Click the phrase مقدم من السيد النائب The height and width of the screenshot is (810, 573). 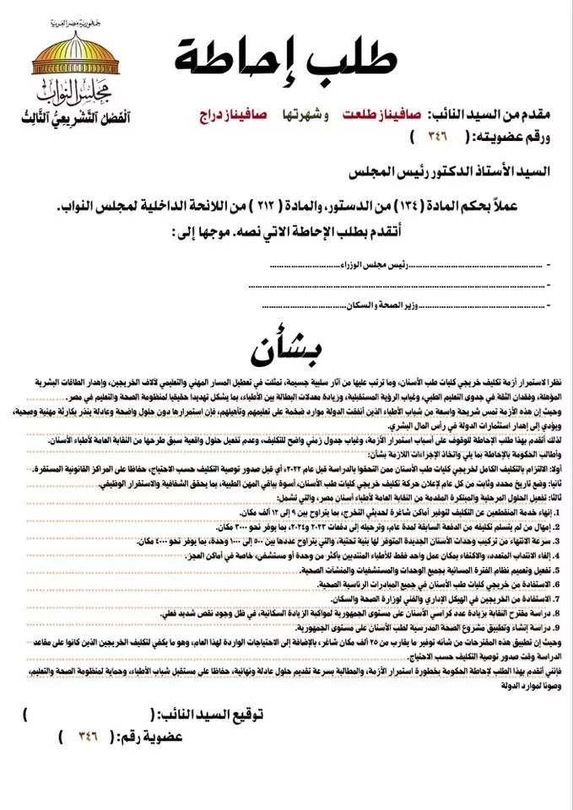click(x=490, y=113)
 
